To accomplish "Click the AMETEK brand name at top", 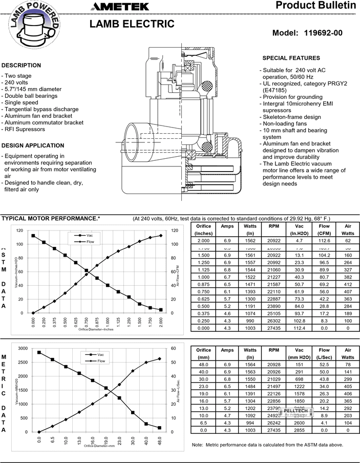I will pyautogui.click(x=121, y=7).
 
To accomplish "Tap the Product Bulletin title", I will pyautogui.click(x=315, y=6).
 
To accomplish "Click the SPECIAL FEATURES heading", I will pyautogui.click(x=291, y=58).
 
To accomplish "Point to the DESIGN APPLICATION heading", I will pyautogui.click(x=33, y=145).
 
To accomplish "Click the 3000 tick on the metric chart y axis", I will pyautogui.click(x=23, y=348).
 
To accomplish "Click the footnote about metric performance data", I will pyautogui.click(x=267, y=445).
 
